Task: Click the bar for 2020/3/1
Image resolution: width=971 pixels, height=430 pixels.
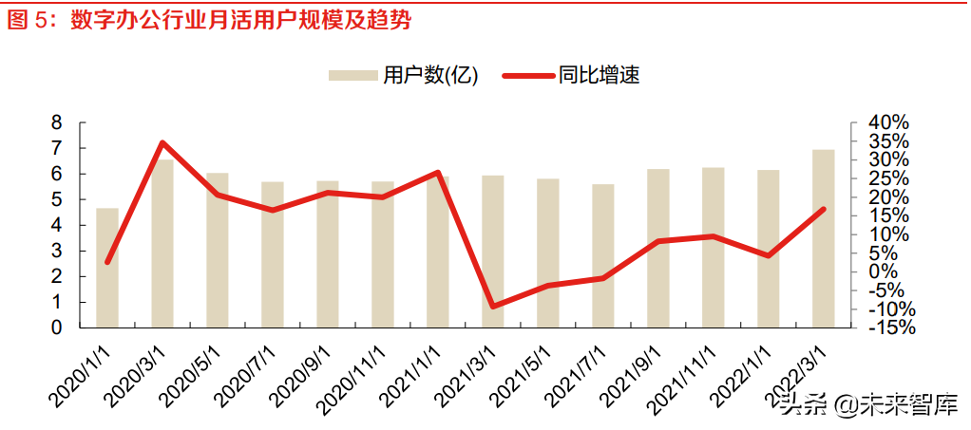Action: (162, 243)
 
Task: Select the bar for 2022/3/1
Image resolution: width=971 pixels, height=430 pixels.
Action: (823, 238)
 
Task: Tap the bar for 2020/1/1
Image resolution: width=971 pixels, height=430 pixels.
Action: (107, 268)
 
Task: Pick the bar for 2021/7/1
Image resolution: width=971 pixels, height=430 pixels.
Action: (603, 256)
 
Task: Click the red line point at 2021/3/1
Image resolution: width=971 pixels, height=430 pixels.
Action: (493, 306)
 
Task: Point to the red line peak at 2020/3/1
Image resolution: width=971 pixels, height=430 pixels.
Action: (162, 143)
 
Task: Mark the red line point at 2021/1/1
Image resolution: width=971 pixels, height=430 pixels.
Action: (437, 173)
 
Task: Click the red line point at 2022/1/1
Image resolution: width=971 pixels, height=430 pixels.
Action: (768, 255)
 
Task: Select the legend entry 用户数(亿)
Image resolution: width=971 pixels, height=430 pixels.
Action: (404, 75)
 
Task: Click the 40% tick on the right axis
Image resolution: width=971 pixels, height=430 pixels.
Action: (889, 123)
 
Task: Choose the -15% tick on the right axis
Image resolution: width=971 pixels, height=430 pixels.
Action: (889, 327)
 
